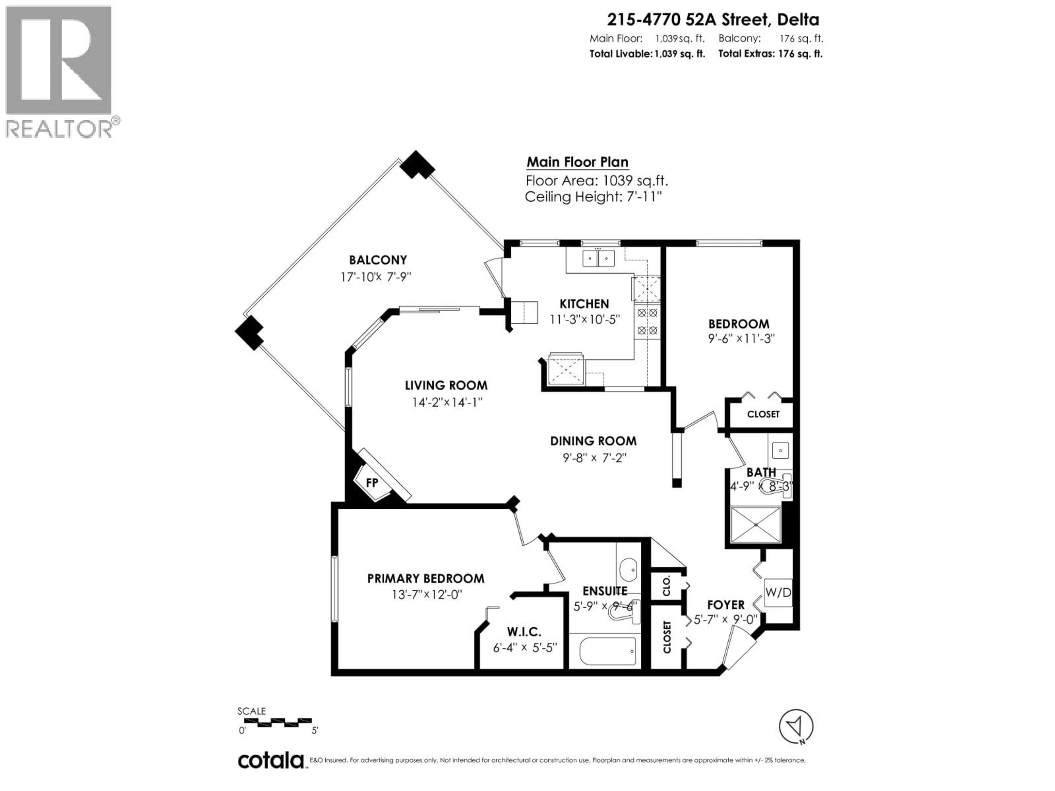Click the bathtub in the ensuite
(608, 651)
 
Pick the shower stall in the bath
(756, 525)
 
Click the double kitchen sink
(598, 258)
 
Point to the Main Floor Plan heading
(577, 162)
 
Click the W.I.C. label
(524, 632)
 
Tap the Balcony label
(378, 260)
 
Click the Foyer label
(725, 605)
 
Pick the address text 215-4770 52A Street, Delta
(713, 20)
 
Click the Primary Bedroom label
(425, 578)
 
